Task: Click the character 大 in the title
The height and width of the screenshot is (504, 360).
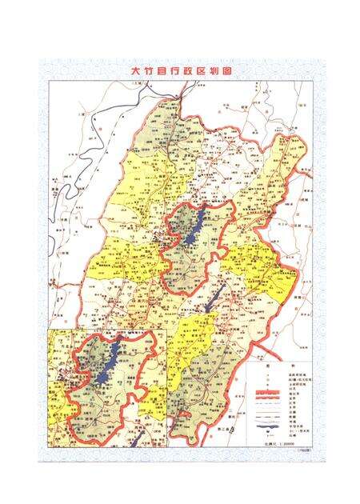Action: (137, 70)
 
